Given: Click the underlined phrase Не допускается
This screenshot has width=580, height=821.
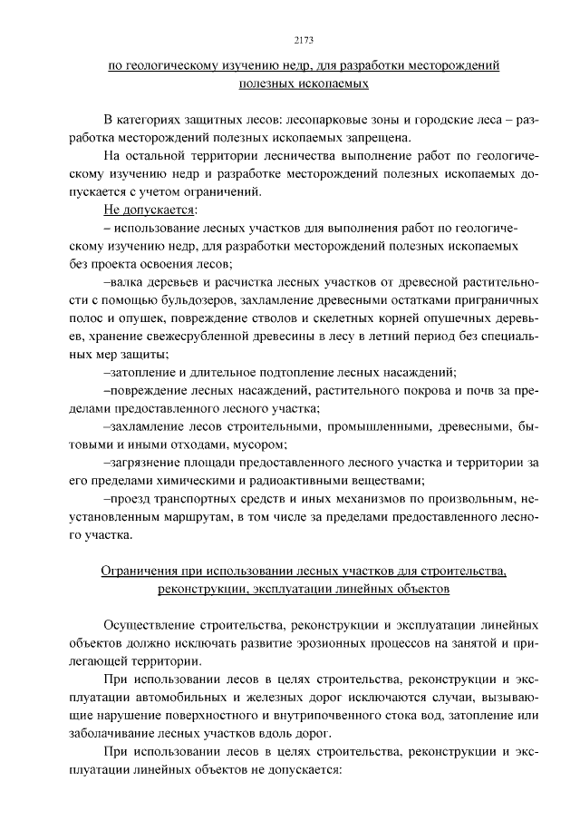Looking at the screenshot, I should (140, 210).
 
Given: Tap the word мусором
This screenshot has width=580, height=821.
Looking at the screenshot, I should (261, 444).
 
